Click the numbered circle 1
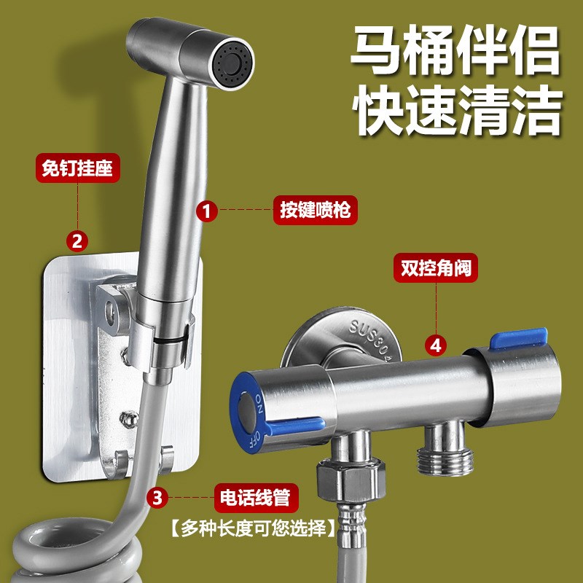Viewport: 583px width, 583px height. tap(208, 211)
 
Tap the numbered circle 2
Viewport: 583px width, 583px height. tap(77, 240)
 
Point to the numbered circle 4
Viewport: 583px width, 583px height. tap(436, 345)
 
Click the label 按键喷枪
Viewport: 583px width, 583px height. tap(316, 211)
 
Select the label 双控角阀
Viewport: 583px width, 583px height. tap(436, 267)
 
